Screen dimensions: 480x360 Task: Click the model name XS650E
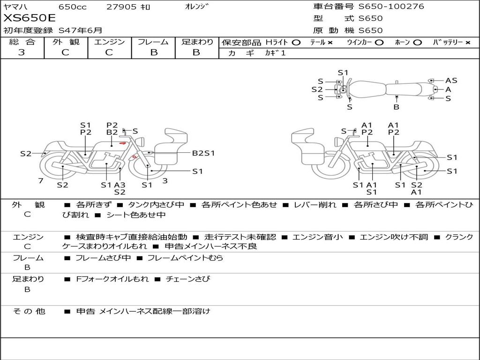(30, 18)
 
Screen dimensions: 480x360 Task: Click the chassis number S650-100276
(391, 7)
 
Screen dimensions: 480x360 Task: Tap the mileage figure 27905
(121, 7)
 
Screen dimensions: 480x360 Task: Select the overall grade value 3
(22, 52)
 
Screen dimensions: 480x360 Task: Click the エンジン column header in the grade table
(109, 42)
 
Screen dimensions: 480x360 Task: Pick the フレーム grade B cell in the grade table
(154, 52)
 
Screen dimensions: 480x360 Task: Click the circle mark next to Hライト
(296, 43)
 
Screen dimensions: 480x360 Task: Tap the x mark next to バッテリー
(468, 43)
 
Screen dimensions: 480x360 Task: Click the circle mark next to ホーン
(418, 43)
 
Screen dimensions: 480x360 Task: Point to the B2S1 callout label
(203, 153)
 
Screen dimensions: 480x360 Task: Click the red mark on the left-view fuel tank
(123, 143)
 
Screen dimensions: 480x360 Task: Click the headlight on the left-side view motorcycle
(141, 142)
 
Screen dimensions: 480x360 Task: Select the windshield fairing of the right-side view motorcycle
(303, 137)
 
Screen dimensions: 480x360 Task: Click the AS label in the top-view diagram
(451, 81)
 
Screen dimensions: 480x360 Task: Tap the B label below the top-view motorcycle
(397, 107)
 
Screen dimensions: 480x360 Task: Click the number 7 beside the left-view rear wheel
(41, 180)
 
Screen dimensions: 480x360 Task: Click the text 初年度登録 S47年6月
(52, 30)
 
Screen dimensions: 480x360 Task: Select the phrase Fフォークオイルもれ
(112, 279)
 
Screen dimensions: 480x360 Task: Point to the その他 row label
(29, 311)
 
